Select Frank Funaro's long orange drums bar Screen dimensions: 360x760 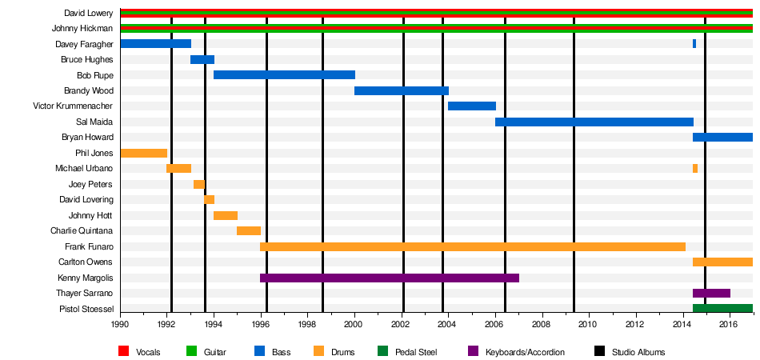(472, 246)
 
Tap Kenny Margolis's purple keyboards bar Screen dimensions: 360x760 (389, 278)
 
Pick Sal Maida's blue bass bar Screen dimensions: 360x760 (594, 122)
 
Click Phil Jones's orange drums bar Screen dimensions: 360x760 (143, 153)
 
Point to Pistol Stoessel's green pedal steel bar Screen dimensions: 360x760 (722, 309)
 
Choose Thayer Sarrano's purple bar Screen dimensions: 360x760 (710, 294)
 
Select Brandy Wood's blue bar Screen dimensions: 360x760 (401, 90)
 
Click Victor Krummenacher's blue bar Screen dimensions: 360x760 (471, 106)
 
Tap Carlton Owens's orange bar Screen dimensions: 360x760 (722, 262)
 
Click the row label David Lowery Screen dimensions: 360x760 (88, 14)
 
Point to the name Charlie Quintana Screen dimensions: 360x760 (82, 231)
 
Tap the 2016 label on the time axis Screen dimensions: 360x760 (729, 325)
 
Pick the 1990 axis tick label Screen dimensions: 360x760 (120, 325)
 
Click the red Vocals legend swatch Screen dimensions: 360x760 (124, 352)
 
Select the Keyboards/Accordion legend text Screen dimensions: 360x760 (525, 352)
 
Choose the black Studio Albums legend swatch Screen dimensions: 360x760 (599, 352)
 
